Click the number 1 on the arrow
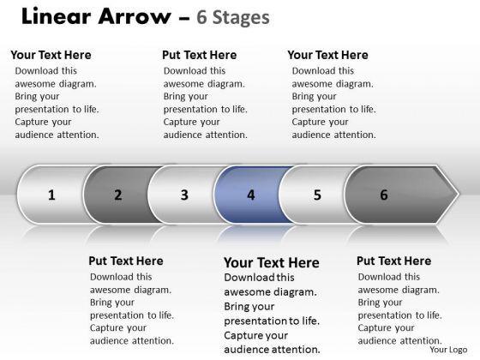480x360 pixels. click(x=51, y=195)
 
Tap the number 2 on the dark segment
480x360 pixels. click(x=118, y=195)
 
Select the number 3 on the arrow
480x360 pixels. click(x=184, y=195)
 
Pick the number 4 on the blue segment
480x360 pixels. click(x=251, y=195)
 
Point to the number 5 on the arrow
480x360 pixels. click(x=317, y=195)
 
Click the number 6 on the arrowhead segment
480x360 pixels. click(x=384, y=195)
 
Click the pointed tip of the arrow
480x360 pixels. click(x=459, y=194)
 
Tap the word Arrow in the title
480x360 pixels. click(x=135, y=16)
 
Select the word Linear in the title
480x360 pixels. click(x=57, y=16)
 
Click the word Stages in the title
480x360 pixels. click(x=241, y=17)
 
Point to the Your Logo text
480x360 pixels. click(x=448, y=350)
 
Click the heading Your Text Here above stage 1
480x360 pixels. click(x=51, y=55)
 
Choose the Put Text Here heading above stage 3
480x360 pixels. click(x=199, y=55)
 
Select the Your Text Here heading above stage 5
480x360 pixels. click(x=327, y=55)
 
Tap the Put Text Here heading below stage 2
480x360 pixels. click(x=126, y=261)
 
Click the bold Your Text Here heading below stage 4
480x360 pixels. click(x=272, y=262)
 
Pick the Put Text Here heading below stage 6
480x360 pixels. click(x=394, y=261)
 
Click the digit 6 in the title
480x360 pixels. click(x=201, y=17)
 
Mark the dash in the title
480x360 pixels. click(x=184, y=18)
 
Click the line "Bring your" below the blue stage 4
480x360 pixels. click(x=249, y=307)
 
